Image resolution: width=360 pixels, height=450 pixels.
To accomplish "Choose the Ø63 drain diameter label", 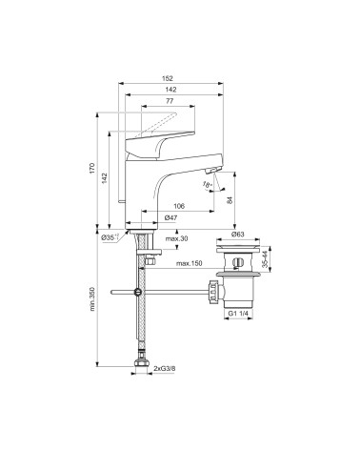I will click(236, 232).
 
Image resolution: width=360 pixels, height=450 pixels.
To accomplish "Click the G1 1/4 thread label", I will click(238, 314).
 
